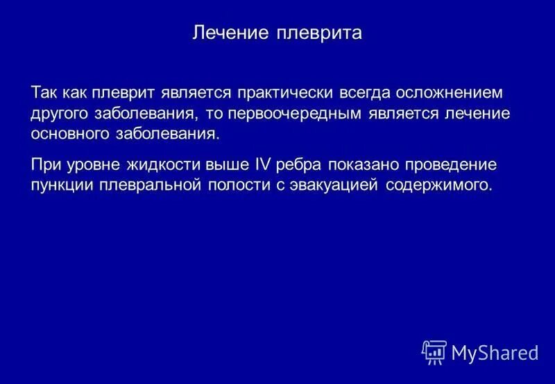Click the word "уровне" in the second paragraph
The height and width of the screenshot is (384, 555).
coord(96,166)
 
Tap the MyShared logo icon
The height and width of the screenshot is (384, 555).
coord(434,352)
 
